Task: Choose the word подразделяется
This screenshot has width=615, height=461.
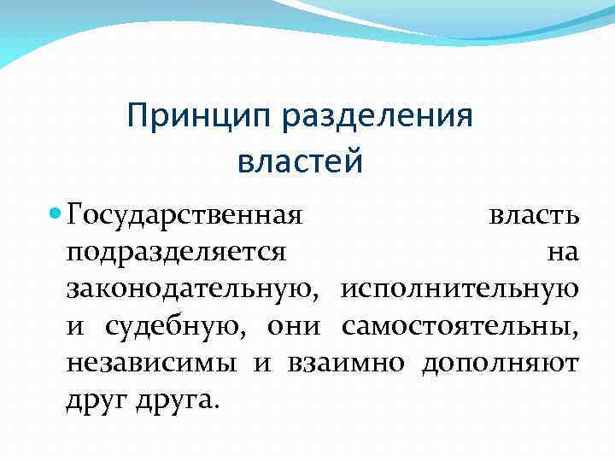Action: [176, 253]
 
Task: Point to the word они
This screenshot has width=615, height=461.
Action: [293, 327]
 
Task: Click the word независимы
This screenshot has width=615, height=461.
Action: [152, 363]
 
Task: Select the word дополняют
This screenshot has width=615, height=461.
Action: [501, 363]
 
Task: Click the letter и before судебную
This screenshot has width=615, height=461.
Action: [75, 327]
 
